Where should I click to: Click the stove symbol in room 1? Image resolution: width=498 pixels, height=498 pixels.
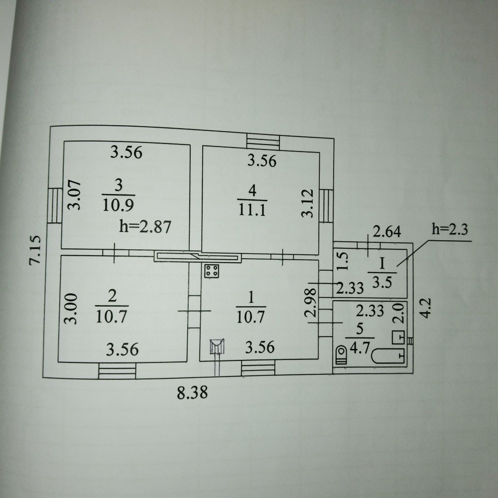pyautogui.click(x=211, y=272)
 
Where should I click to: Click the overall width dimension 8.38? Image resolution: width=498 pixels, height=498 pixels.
pyautogui.click(x=192, y=393)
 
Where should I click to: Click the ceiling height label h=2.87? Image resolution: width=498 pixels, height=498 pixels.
pyautogui.click(x=145, y=227)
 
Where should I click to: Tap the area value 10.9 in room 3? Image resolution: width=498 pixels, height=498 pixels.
pyautogui.click(x=118, y=204)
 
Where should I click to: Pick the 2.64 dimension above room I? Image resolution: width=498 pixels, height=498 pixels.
pyautogui.click(x=387, y=231)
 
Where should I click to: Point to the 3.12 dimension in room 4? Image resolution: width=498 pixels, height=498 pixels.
pyautogui.click(x=309, y=203)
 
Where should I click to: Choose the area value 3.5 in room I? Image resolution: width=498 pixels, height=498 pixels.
pyautogui.click(x=381, y=280)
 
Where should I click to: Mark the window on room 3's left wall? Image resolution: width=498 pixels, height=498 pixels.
pyautogui.click(x=54, y=204)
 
